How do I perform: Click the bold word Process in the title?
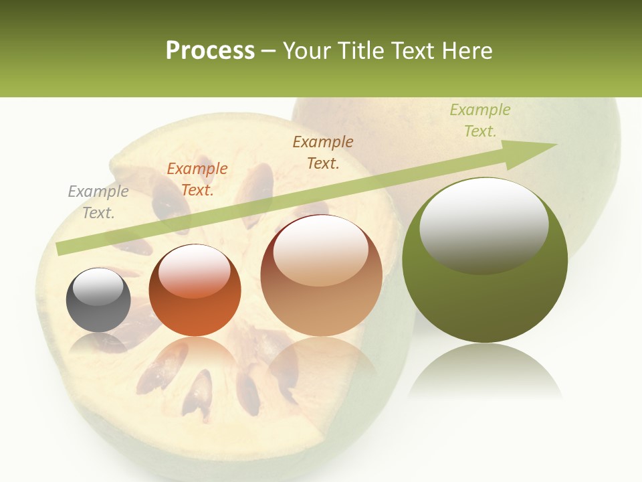point(210,50)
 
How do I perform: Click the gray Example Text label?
point(98,202)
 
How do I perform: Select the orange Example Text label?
point(197,179)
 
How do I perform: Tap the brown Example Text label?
point(323,153)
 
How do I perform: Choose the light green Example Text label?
point(480,120)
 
